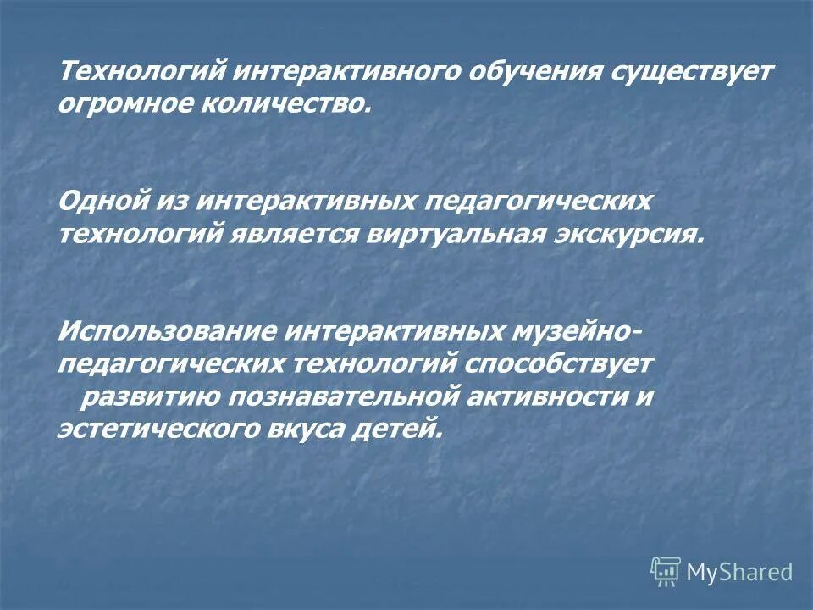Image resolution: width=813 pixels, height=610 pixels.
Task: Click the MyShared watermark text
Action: click(x=739, y=572)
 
